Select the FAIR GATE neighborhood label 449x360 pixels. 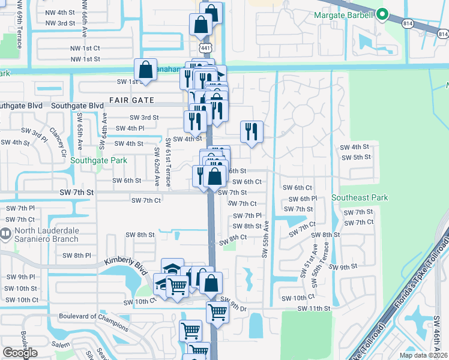tap(131, 100)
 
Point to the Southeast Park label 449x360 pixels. tap(360, 197)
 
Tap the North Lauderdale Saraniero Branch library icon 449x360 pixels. tap(5, 233)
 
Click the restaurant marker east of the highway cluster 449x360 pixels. tap(252, 131)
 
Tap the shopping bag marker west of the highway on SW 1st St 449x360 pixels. tap(146, 70)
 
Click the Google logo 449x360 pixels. tap(20, 353)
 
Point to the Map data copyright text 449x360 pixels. tap(423, 355)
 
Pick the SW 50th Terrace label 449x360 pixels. tap(326, 257)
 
